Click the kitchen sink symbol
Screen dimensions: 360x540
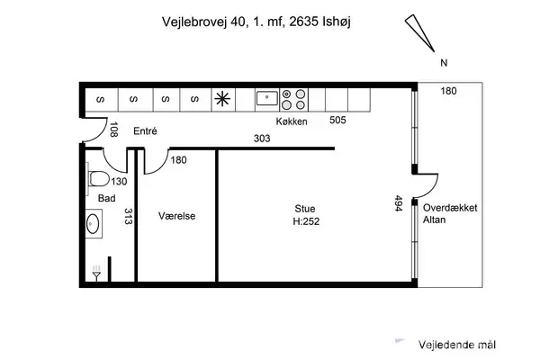tap(265, 97)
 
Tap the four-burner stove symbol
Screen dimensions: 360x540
tap(292, 98)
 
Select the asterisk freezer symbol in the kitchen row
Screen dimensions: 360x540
tap(222, 98)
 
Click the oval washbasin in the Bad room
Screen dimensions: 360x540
tap(94, 221)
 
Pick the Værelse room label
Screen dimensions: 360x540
tap(176, 216)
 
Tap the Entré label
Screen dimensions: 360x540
tap(145, 131)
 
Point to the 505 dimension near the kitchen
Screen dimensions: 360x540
tap(338, 119)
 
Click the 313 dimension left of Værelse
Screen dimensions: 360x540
tap(129, 218)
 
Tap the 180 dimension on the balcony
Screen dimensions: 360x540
tap(450, 91)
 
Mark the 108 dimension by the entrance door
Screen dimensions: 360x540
tap(113, 130)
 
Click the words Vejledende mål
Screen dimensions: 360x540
tap(457, 345)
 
